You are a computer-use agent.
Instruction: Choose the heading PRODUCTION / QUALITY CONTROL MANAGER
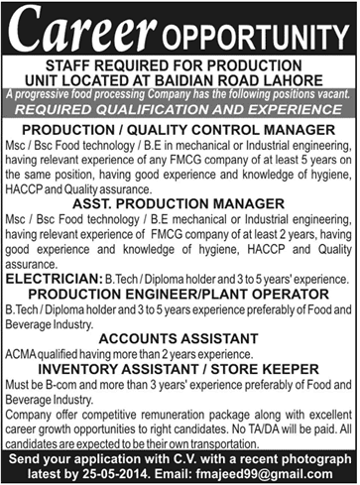coord(180,130)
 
